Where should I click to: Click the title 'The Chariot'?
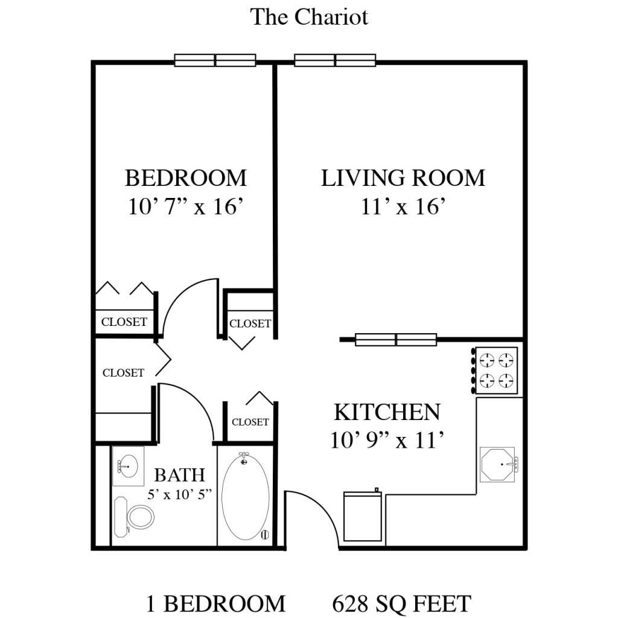[x=309, y=17]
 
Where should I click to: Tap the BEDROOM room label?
[x=185, y=178]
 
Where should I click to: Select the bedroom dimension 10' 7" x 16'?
[x=185, y=206]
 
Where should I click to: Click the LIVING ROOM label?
[x=403, y=178]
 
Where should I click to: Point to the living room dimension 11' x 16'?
[x=403, y=206]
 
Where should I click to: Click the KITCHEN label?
[x=387, y=412]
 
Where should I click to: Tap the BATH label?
[x=179, y=475]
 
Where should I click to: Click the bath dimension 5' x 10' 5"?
[x=180, y=495]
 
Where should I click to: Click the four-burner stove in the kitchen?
[x=496, y=371]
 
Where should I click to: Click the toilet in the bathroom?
[x=135, y=517]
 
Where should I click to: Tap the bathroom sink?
[x=128, y=467]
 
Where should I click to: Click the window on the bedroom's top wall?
[x=215, y=60]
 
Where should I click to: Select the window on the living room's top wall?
[x=335, y=60]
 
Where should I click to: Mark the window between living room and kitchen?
[x=396, y=340]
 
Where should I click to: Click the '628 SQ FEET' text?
[x=401, y=603]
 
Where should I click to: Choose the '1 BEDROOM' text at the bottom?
[x=215, y=603]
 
